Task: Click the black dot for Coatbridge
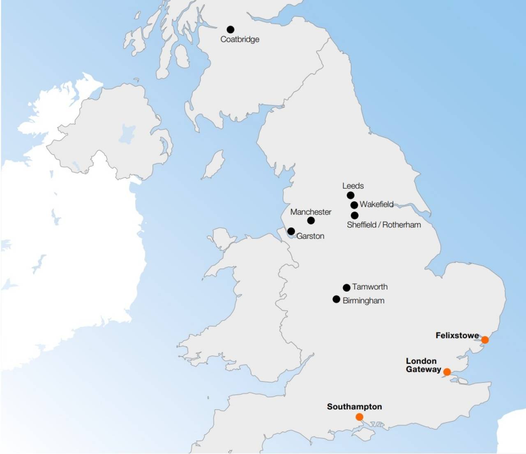click(x=231, y=29)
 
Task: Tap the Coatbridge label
click(x=240, y=39)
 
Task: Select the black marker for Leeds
click(x=351, y=195)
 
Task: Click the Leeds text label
click(x=353, y=186)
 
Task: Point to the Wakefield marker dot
click(x=354, y=205)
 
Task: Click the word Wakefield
click(x=376, y=204)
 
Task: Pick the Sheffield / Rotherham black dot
click(x=355, y=215)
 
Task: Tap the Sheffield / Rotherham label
click(x=384, y=225)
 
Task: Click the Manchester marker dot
click(x=311, y=220)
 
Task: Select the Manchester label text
click(x=311, y=212)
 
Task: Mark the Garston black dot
click(x=291, y=231)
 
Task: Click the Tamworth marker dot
click(x=346, y=287)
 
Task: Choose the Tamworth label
click(x=370, y=287)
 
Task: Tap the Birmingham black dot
click(x=336, y=299)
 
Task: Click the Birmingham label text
click(x=364, y=301)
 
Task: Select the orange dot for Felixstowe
click(x=485, y=340)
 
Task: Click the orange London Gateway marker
click(x=447, y=372)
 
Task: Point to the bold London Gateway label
click(x=423, y=365)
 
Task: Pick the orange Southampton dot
click(x=359, y=417)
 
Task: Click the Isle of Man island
click(x=214, y=164)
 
